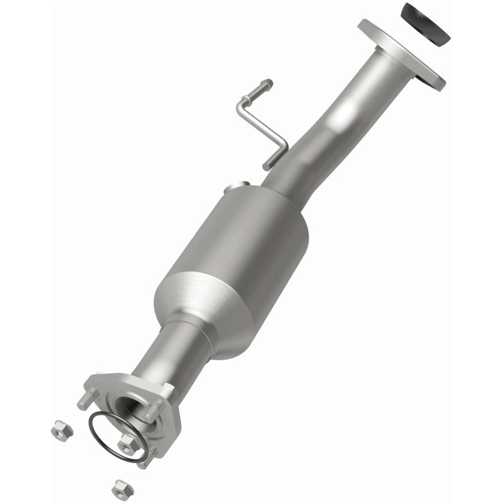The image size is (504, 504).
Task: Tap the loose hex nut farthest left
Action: [x=61, y=430]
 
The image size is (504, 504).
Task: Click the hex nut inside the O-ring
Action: [x=129, y=444]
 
